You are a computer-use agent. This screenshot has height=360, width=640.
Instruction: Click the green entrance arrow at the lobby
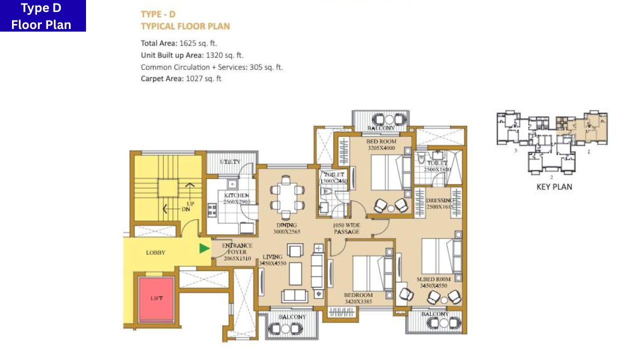pyautogui.click(x=204, y=248)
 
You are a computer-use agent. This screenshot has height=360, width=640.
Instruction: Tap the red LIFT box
pyautogui.click(x=156, y=298)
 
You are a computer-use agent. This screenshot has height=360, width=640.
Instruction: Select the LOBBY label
pyautogui.click(x=155, y=253)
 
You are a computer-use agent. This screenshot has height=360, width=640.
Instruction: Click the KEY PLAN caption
pyautogui.click(x=554, y=187)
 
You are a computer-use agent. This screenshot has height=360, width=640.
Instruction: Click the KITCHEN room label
pyautogui.click(x=236, y=195)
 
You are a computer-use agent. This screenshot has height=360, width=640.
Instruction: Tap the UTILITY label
pyautogui.click(x=230, y=162)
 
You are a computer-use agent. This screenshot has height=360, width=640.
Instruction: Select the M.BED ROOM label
pyautogui.click(x=434, y=279)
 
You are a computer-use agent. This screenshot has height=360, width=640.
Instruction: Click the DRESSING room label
pyautogui.click(x=439, y=200)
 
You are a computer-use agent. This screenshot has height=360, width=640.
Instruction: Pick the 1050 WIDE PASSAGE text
pyautogui.click(x=346, y=228)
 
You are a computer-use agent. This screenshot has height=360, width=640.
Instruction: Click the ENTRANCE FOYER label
pyautogui.click(x=236, y=246)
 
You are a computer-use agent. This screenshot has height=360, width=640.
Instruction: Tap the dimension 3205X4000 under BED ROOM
pyautogui.click(x=381, y=148)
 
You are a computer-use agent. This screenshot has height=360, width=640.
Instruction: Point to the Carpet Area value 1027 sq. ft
pyautogui.click(x=203, y=78)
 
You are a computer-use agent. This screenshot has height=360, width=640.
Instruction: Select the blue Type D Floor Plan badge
pyautogui.click(x=42, y=16)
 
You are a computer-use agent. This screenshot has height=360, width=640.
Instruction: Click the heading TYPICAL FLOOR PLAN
pyautogui.click(x=185, y=26)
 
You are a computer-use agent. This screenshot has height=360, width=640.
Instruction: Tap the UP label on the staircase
pyautogui.click(x=190, y=204)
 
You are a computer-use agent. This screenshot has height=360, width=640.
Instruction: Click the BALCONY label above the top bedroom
pyautogui.click(x=380, y=128)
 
